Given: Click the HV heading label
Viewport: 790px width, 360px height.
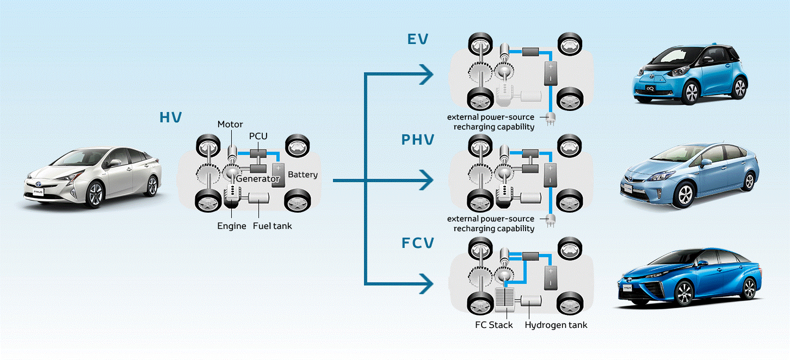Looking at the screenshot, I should [170, 117].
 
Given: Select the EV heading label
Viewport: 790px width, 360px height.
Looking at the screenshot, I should [417, 39].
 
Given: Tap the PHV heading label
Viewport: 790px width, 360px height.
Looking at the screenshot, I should [418, 140].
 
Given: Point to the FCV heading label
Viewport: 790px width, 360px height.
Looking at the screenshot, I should [418, 243].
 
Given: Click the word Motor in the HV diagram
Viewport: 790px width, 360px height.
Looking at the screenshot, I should [230, 125].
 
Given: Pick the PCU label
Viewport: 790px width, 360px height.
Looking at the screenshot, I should [258, 136].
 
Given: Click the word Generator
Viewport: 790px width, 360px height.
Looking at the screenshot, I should [258, 179].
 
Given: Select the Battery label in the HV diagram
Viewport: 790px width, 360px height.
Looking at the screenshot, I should [303, 175].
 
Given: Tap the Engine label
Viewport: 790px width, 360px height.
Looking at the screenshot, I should [232, 226].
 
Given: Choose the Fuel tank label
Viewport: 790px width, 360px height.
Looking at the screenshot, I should [272, 226].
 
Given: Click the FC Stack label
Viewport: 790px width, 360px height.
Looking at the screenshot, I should [493, 325].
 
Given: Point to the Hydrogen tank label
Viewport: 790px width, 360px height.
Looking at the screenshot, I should [556, 325].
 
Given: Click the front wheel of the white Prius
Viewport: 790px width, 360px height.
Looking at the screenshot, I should [95, 194].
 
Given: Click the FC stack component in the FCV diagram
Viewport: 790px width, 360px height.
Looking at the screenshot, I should [506, 300].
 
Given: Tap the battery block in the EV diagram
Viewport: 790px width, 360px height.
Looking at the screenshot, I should [551, 74].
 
